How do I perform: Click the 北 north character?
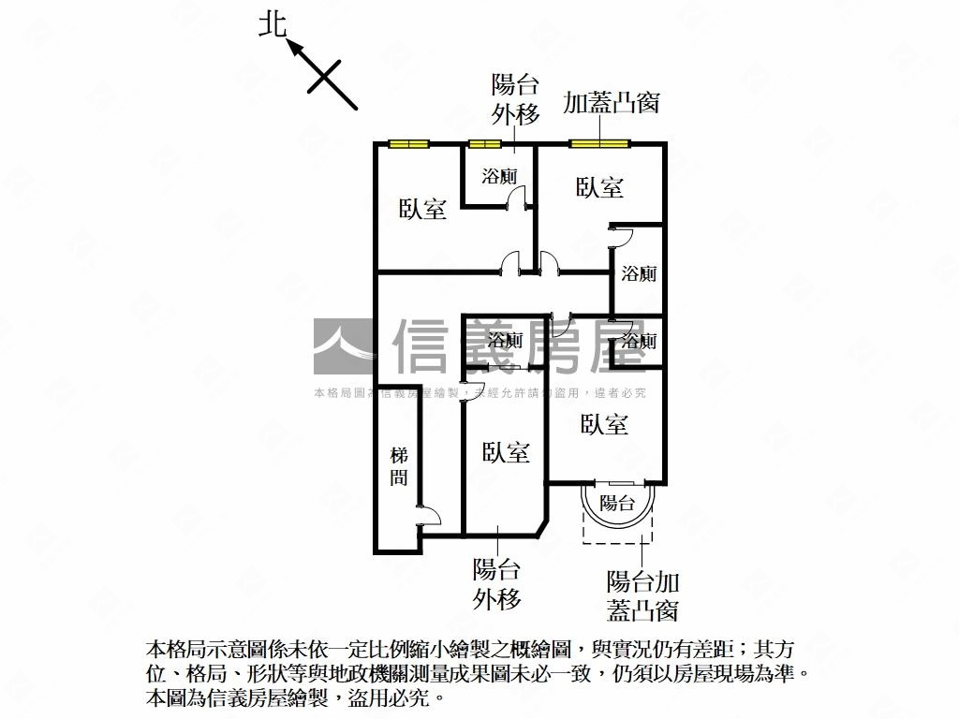coord(273,25)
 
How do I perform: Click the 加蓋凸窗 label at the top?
coord(611,102)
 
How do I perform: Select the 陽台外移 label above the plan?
coord(515,100)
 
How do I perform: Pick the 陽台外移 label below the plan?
coord(496,584)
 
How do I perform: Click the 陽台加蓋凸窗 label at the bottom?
coord(642,595)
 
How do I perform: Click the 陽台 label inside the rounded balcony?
coord(617,503)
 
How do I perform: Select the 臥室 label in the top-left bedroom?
coord(422,209)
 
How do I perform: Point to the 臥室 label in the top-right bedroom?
coord(599,187)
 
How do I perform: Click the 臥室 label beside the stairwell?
coord(506,453)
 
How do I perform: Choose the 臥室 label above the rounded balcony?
coord(604,424)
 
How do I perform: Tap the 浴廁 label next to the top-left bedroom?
coord(499,176)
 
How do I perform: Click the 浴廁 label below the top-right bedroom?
coord(639,273)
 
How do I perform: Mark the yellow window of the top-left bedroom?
coord(408,144)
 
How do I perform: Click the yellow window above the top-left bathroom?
coord(484,144)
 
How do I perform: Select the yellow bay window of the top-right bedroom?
coord(598,144)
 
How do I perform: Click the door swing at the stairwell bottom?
coord(427,513)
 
